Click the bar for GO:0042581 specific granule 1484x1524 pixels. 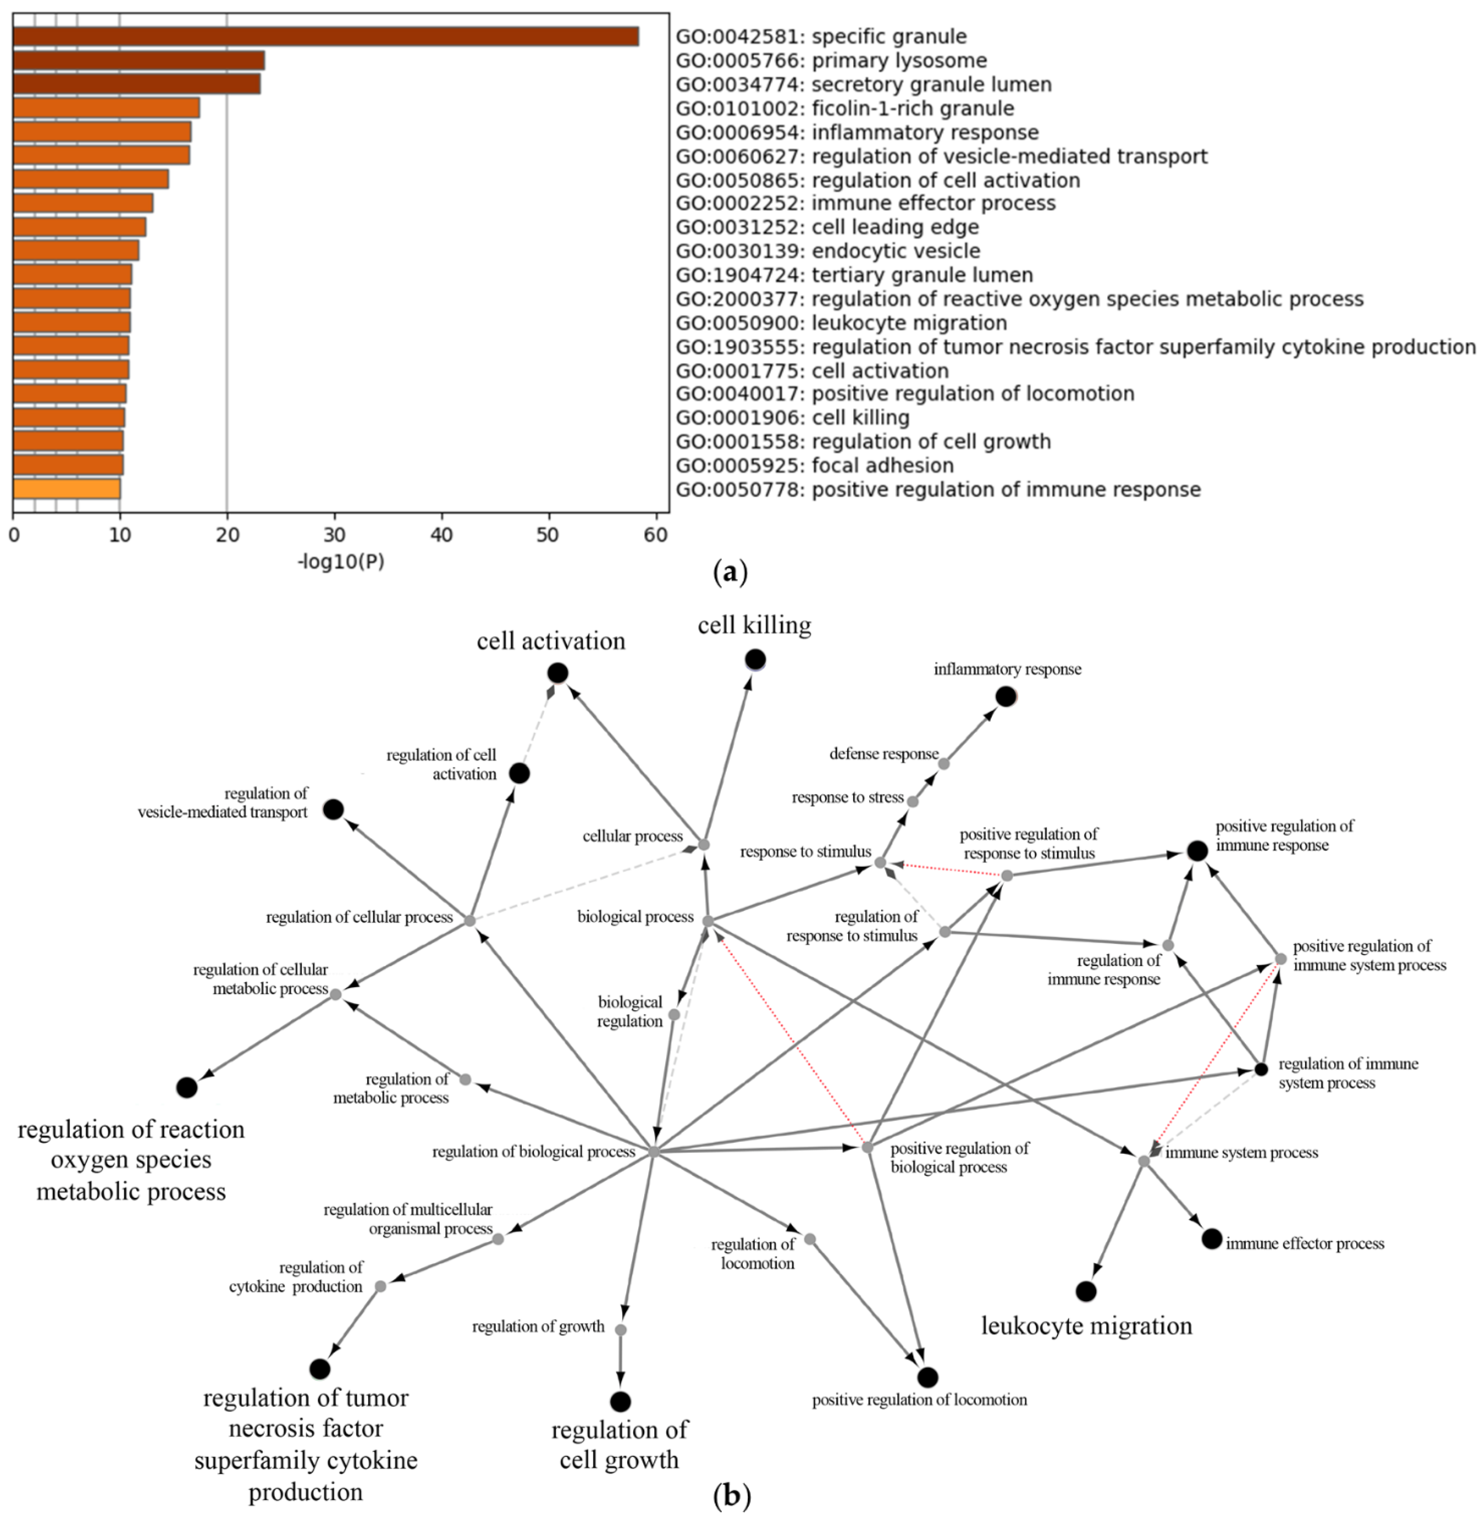[x=326, y=37]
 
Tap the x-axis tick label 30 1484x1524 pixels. [x=334, y=534]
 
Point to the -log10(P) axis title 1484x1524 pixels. [x=341, y=561]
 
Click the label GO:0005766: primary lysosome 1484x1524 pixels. [x=831, y=61]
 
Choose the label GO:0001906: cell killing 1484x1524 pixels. [x=792, y=418]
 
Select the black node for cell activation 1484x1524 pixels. [x=557, y=672]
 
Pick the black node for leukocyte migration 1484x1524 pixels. [x=1086, y=1291]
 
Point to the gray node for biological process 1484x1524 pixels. [x=708, y=921]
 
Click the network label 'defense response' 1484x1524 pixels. [x=884, y=753]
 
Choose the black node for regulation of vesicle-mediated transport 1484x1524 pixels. [x=333, y=810]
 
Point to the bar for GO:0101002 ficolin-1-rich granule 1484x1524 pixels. [x=106, y=108]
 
